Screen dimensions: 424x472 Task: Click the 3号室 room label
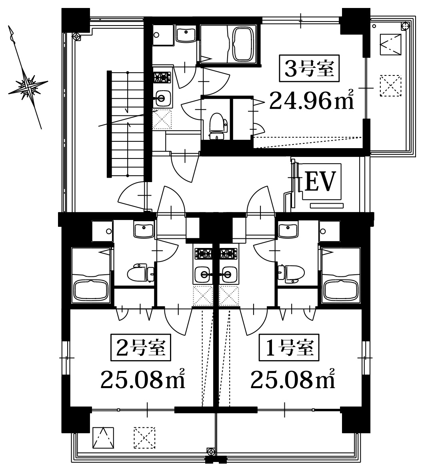(x=309, y=68)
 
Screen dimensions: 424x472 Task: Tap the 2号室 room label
(x=141, y=347)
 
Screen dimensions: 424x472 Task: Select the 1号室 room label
(x=289, y=347)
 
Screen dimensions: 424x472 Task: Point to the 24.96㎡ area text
(x=311, y=100)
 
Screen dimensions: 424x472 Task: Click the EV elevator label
(x=320, y=181)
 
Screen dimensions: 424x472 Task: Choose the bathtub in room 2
(x=90, y=291)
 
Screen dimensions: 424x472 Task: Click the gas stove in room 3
(x=162, y=77)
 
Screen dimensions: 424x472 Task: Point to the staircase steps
(x=118, y=124)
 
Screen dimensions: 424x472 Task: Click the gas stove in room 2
(x=204, y=254)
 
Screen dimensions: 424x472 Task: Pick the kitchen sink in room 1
(x=228, y=274)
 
